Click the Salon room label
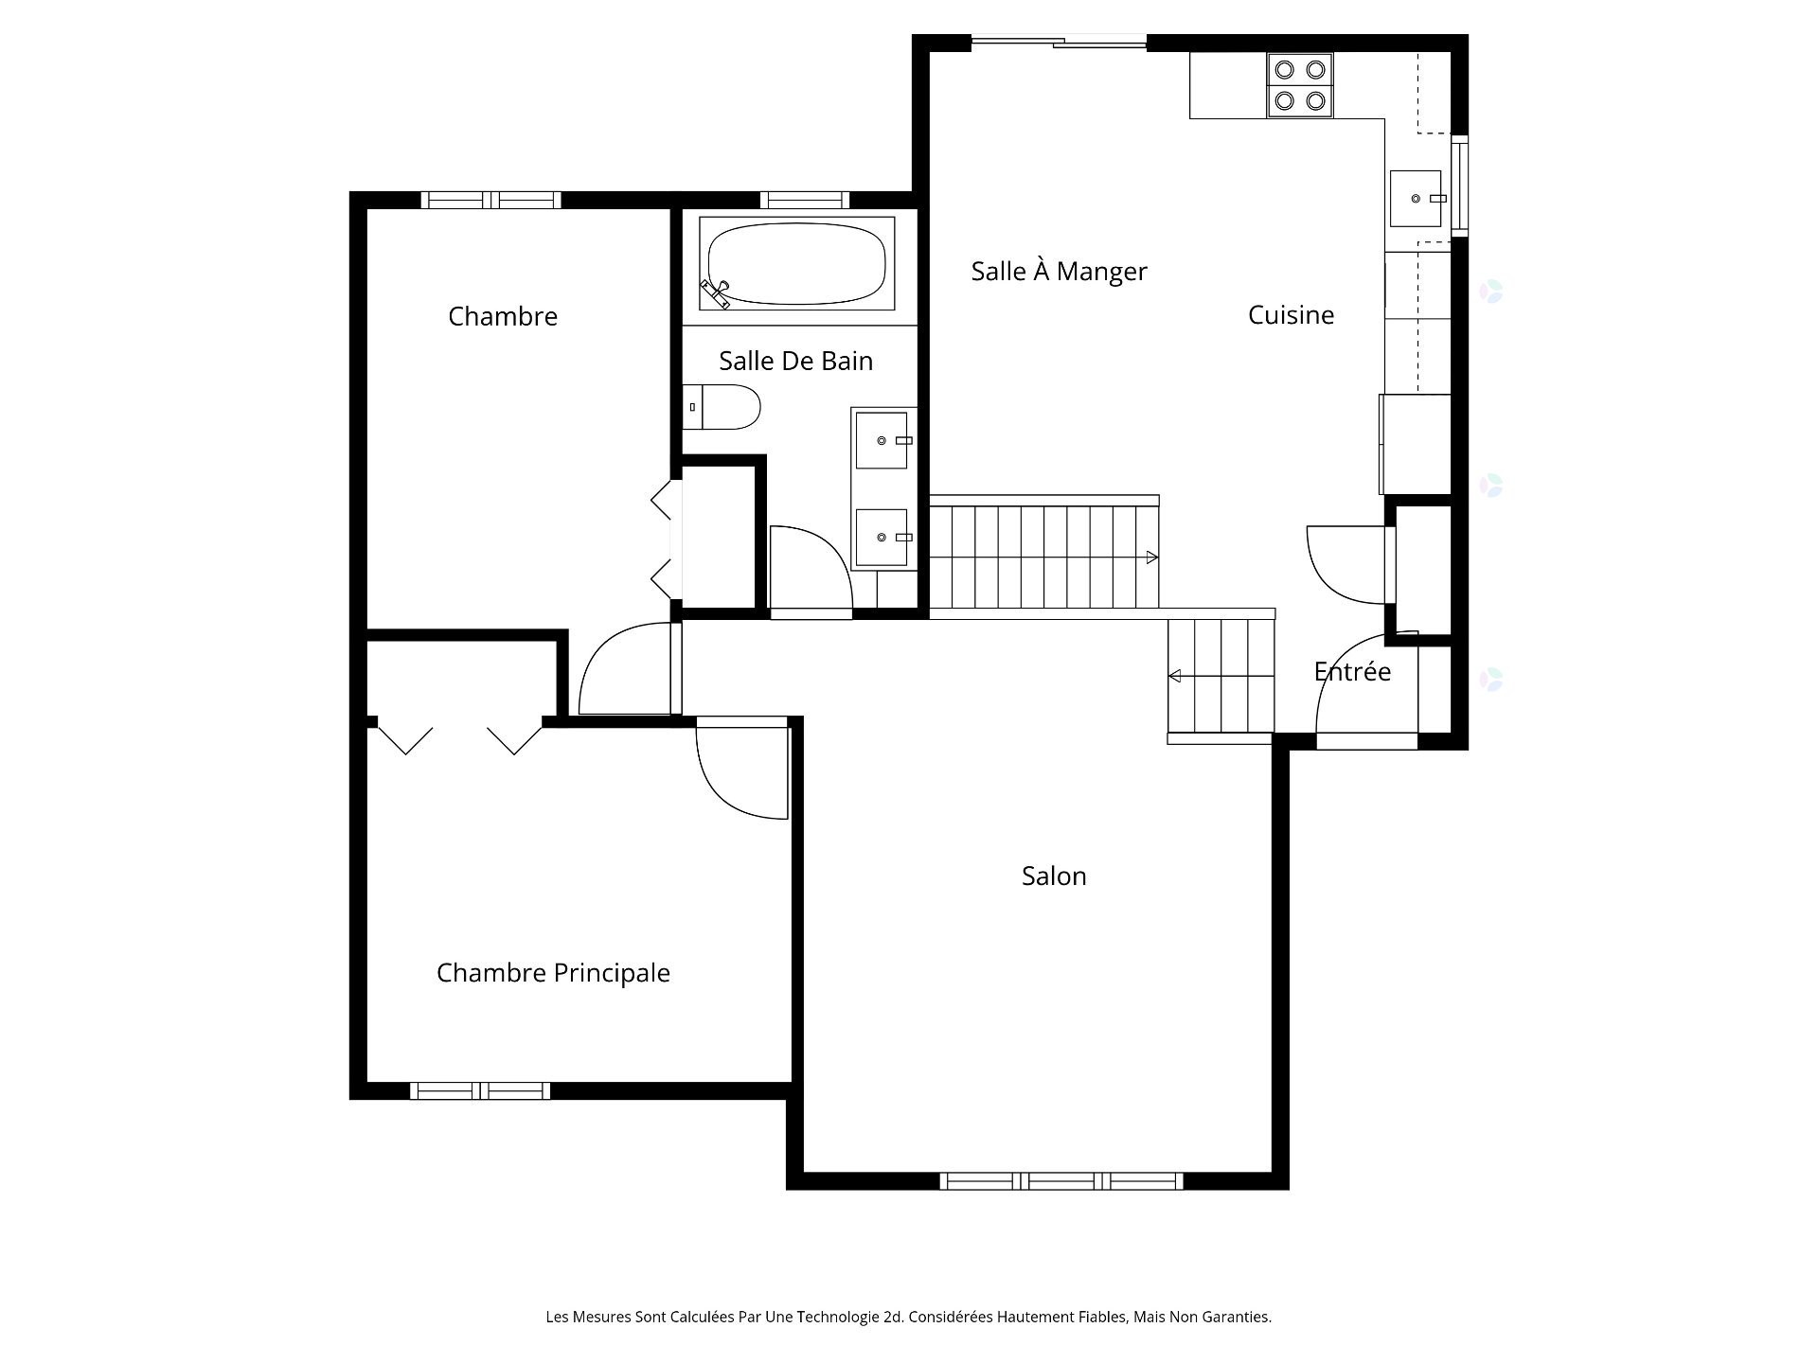click(x=1054, y=876)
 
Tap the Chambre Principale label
click(x=553, y=973)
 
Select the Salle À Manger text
click(x=1059, y=271)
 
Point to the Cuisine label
click(x=1291, y=315)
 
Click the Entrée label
click(x=1352, y=671)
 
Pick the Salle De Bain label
click(x=795, y=361)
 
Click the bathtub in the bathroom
click(x=796, y=263)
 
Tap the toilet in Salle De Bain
click(x=722, y=407)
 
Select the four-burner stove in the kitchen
click(x=1300, y=85)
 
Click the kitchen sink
click(x=1416, y=199)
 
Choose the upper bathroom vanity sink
click(x=882, y=440)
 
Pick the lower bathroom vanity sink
click(x=882, y=537)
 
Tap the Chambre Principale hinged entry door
click(x=742, y=768)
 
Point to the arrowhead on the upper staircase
click(x=1152, y=558)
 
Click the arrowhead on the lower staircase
click(x=1175, y=676)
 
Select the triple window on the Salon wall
click(x=1061, y=1181)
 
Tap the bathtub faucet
click(x=716, y=292)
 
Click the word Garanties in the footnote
click(x=1238, y=1317)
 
